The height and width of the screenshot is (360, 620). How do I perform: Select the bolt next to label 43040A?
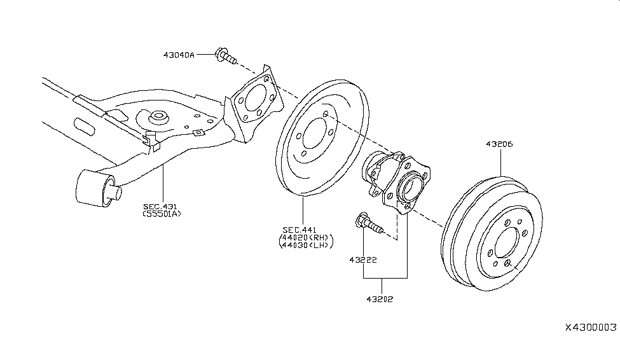tap(225, 56)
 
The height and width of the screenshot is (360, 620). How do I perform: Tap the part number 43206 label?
tap(499, 144)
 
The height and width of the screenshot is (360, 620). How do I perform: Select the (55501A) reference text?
tap(162, 214)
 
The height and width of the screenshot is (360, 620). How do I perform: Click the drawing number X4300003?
tap(591, 328)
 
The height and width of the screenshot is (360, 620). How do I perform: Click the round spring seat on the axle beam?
tap(156, 118)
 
